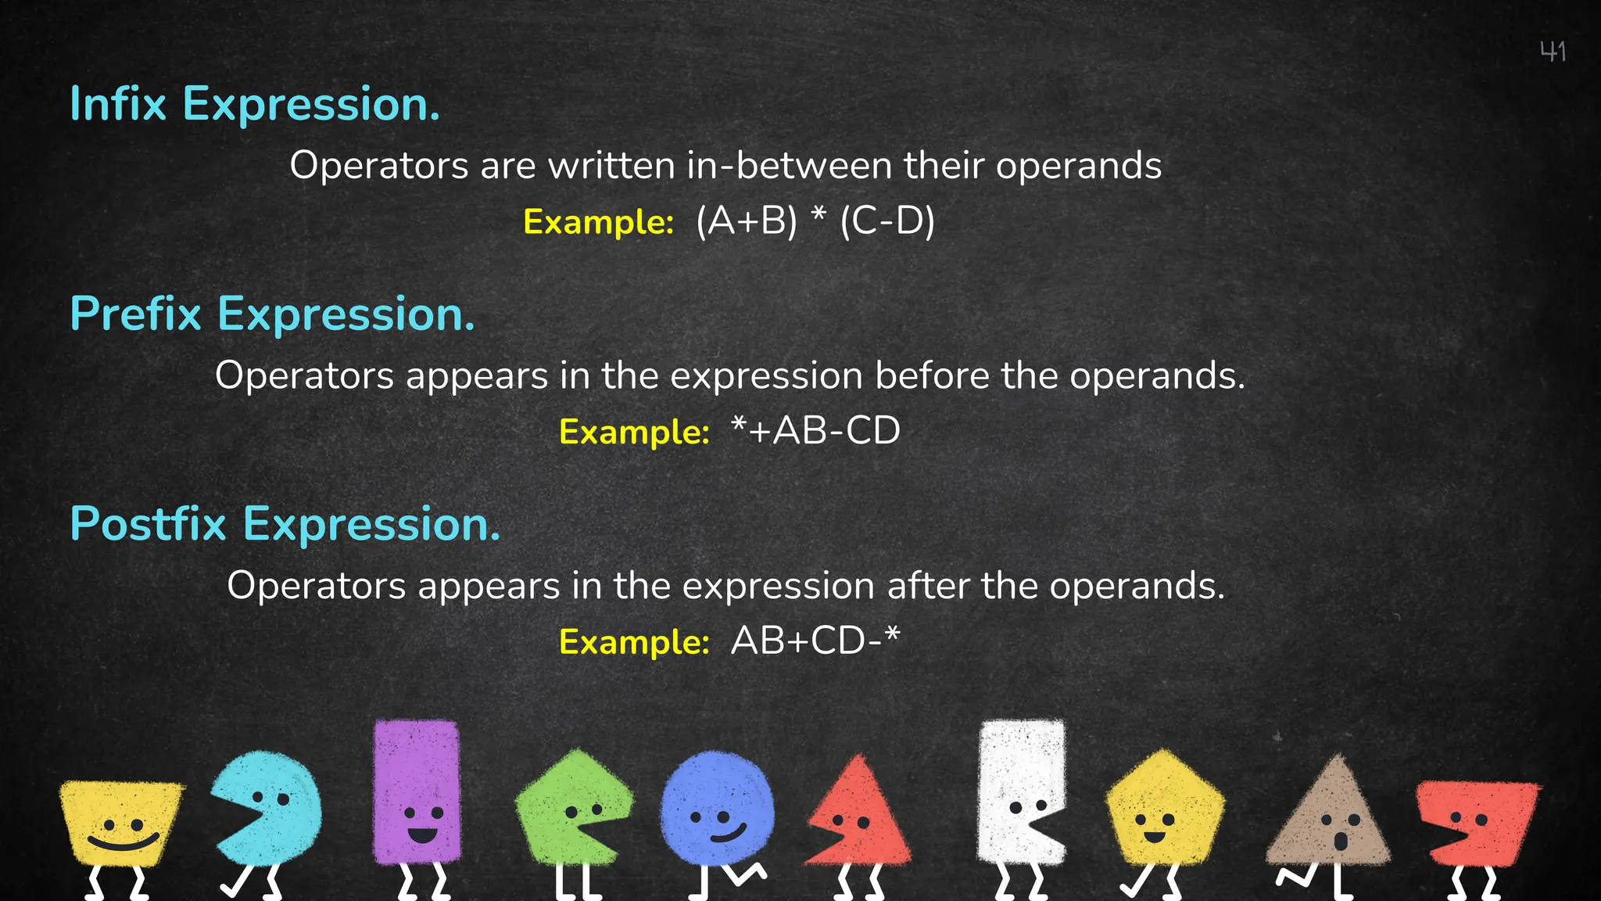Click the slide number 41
pyautogui.click(x=1553, y=52)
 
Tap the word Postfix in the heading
pyautogui.click(x=148, y=524)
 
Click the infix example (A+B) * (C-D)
pyautogui.click(x=815, y=221)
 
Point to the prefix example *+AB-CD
pyautogui.click(x=815, y=431)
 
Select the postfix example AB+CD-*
pyautogui.click(x=815, y=641)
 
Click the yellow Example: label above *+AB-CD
pyautogui.click(x=634, y=433)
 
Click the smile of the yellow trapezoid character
pyautogui.click(x=123, y=843)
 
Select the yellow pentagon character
pyautogui.click(x=1164, y=809)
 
